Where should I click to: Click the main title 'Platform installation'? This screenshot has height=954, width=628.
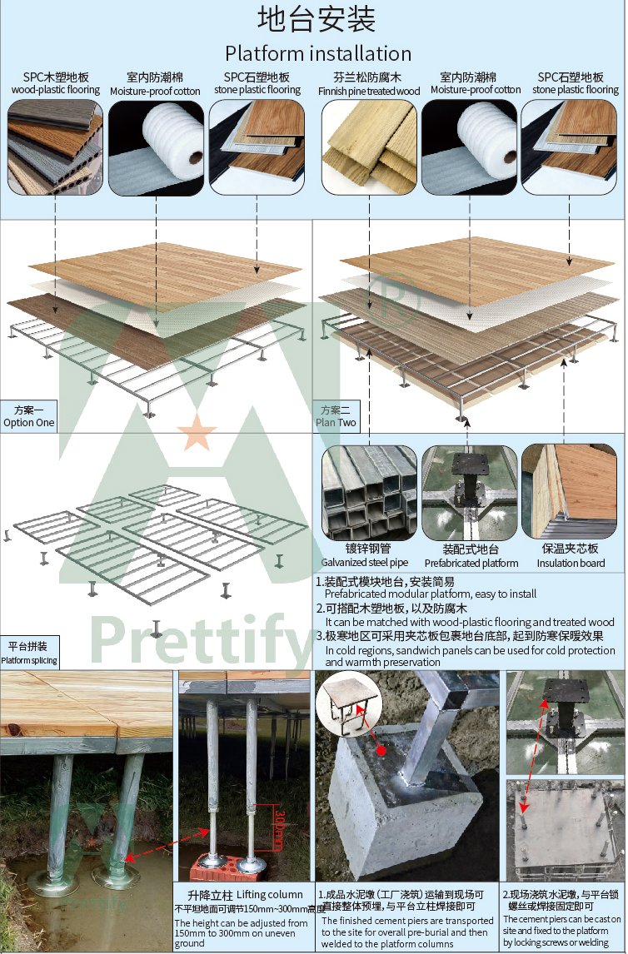pos(318,53)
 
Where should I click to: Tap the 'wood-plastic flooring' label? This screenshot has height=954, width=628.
pos(55,90)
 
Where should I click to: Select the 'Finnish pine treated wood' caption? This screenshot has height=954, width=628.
pos(369,91)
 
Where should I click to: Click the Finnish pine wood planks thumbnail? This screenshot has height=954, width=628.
pos(369,147)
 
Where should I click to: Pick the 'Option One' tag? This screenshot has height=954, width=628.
pos(28,422)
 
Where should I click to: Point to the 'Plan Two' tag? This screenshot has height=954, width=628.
pos(336,422)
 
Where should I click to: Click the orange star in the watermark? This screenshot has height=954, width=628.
pos(197,432)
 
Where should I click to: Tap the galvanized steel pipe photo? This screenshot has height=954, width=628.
pos(369,493)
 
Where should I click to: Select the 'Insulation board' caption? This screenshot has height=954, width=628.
pos(571,564)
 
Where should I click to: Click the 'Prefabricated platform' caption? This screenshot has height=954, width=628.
pos(471,564)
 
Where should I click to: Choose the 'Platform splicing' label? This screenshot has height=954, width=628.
pos(28,660)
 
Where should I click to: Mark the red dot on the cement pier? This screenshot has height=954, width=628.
pos(381,750)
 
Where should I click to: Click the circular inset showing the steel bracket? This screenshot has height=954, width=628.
pos(349,705)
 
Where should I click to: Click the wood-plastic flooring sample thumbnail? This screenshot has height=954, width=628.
pos(55,147)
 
